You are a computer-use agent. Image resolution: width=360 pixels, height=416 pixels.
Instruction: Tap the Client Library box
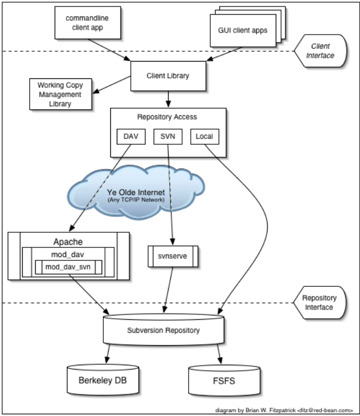pos(168,76)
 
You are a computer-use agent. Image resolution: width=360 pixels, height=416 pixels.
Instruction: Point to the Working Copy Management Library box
pos(59,94)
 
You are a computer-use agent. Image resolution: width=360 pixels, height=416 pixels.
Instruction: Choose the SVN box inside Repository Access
pos(168,137)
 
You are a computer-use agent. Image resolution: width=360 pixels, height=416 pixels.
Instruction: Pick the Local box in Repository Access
pos(204,137)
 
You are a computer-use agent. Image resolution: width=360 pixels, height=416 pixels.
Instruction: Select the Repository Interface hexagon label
pos(319,303)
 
